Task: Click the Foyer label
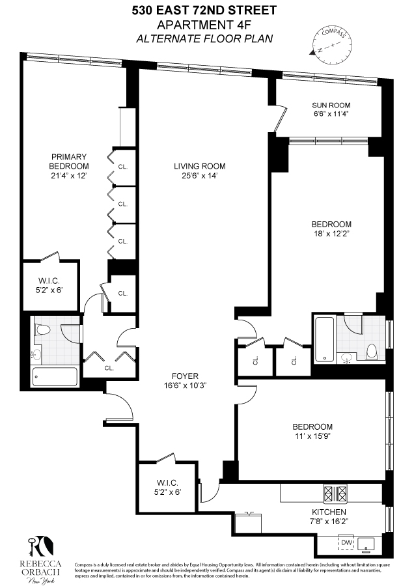(x=185, y=376)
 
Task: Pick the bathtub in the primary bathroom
(x=55, y=377)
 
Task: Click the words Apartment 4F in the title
(x=206, y=24)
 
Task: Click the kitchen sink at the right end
(x=370, y=542)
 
